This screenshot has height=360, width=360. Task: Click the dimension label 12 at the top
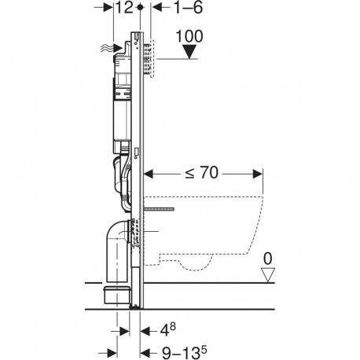point(125,7)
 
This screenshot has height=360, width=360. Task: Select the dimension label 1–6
point(188,7)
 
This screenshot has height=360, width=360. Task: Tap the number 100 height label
point(189,36)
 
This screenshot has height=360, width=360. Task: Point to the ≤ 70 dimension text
point(202,173)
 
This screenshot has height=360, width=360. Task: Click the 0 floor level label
point(267,259)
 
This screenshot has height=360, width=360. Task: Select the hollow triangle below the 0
point(267,274)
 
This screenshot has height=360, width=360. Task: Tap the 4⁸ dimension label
point(168,329)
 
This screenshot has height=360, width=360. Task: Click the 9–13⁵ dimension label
point(184,352)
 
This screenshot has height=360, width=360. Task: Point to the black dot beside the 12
point(141,7)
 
